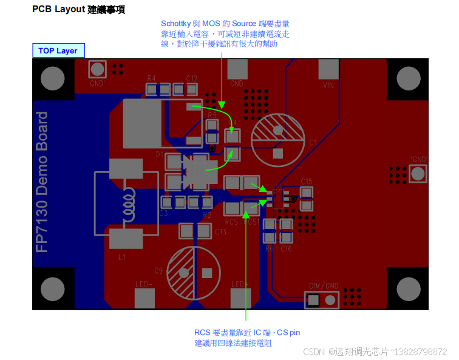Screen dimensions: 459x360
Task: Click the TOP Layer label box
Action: pyautogui.click(x=58, y=50)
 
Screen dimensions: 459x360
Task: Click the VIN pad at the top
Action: pyautogui.click(x=328, y=70)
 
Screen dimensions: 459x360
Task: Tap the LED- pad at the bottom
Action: pyautogui.click(x=144, y=298)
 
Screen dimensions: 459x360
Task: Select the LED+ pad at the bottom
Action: pyautogui.click(x=240, y=298)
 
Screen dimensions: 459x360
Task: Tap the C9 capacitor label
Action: pyautogui.click(x=158, y=270)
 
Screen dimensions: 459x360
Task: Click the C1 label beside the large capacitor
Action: pyautogui.click(x=313, y=143)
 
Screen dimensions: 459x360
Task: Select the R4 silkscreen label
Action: pyautogui.click(x=151, y=78)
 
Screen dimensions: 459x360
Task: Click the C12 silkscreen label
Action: pyautogui.click(x=192, y=78)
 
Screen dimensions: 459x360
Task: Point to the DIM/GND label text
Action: pyautogui.click(x=324, y=286)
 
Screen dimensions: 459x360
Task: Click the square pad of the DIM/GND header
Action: pyautogui.click(x=314, y=300)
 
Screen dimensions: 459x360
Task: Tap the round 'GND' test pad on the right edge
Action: pyautogui.click(x=418, y=174)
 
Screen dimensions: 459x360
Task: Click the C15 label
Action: pyautogui.click(x=306, y=182)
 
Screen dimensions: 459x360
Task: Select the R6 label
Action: pyautogui.click(x=270, y=249)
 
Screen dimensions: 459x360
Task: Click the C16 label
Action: pyautogui.click(x=286, y=249)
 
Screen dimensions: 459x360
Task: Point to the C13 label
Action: pyautogui.click(x=220, y=232)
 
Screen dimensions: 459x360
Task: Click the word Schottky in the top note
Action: pyautogui.click(x=175, y=23)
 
